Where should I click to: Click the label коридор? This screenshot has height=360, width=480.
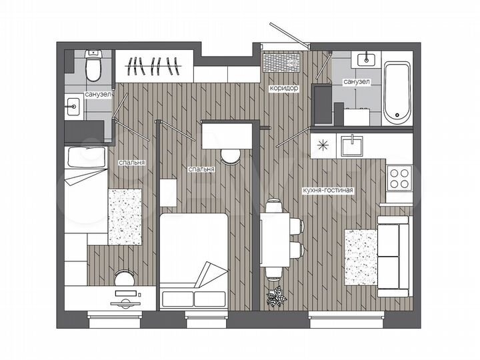tap(283, 88)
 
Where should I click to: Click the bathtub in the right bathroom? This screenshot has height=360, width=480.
tap(399, 93)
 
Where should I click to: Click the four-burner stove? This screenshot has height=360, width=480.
tap(400, 177)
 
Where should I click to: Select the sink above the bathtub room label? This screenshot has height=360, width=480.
tap(366, 59)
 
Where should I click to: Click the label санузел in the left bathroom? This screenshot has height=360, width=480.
tap(97, 95)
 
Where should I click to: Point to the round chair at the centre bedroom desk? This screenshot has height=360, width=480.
tap(231, 155)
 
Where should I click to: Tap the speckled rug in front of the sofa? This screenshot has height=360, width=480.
tap(360, 256)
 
